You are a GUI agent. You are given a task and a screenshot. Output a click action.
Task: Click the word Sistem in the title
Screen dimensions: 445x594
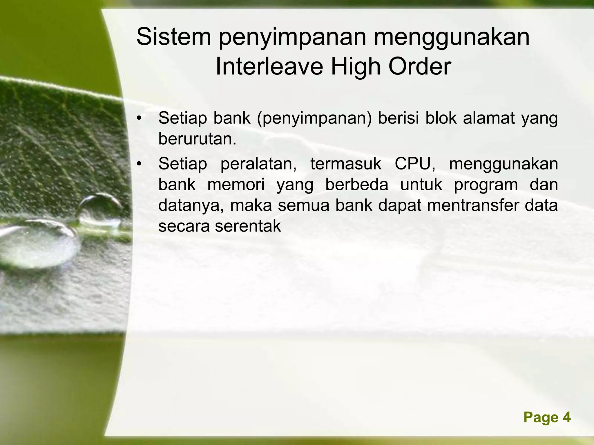(x=174, y=37)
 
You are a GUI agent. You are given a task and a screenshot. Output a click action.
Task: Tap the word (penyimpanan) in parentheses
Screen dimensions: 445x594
(x=314, y=119)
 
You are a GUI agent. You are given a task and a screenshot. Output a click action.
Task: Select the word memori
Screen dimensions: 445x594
(x=236, y=185)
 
